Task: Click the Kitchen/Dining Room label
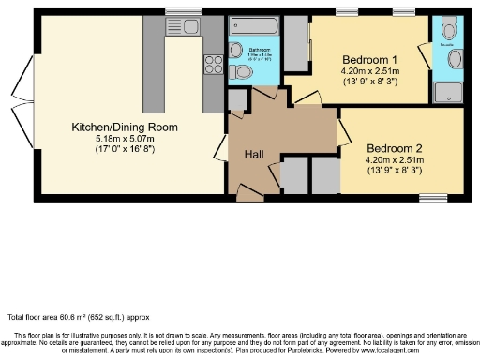coord(125,127)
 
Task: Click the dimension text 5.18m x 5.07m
coord(125,139)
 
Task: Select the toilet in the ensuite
coord(454,58)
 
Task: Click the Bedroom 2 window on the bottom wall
coord(433,197)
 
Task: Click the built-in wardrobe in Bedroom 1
coord(296,45)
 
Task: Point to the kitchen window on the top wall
coord(178,12)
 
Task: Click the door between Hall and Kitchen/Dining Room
coord(222,144)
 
